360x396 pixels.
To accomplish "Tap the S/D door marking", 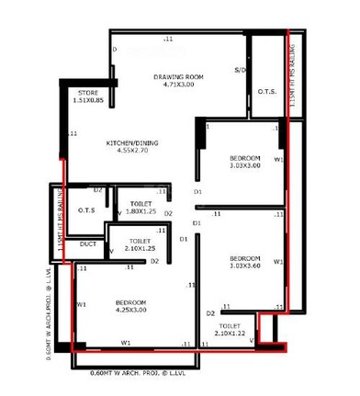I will [x=239, y=70].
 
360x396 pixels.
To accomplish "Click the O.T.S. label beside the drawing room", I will [x=267, y=92].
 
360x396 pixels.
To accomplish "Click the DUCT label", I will [x=88, y=245].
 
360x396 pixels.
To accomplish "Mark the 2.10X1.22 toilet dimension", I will [x=231, y=334].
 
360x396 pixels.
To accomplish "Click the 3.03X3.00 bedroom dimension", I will [x=245, y=166].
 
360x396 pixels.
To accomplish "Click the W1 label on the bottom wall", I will [x=125, y=344].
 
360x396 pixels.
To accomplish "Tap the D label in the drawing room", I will [x=115, y=49].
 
